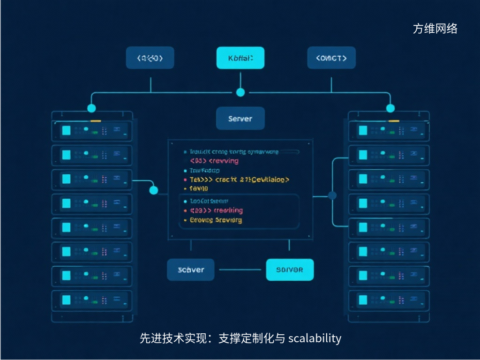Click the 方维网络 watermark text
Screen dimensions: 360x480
click(435, 29)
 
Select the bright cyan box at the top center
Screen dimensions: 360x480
click(240, 58)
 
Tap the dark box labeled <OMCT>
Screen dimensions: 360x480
click(331, 58)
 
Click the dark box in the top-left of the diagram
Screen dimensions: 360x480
click(150, 58)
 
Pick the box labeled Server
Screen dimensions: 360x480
click(240, 119)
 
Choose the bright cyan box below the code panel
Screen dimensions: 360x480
click(290, 270)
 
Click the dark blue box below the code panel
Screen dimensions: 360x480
click(191, 270)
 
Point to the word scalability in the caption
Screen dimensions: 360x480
click(315, 338)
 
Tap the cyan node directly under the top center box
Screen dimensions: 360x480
click(240, 92)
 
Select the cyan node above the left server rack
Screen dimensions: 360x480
click(91, 108)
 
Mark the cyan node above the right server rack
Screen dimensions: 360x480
click(390, 108)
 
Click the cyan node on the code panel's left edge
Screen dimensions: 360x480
click(153, 190)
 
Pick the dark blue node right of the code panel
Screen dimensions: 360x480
click(333, 195)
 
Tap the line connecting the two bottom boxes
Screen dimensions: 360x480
click(240, 270)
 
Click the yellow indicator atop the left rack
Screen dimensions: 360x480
click(96, 121)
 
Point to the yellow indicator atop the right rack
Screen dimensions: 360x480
click(394, 121)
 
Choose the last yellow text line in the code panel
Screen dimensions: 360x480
click(216, 220)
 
